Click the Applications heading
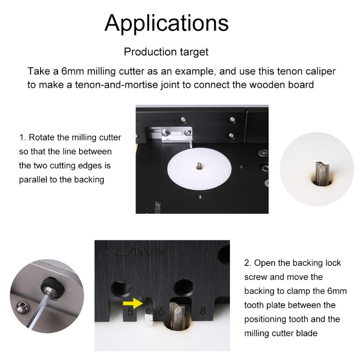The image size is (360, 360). [x=166, y=23]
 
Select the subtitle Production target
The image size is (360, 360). [x=166, y=52]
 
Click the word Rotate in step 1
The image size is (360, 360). [x=43, y=137]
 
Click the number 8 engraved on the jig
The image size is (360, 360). [x=202, y=310]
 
